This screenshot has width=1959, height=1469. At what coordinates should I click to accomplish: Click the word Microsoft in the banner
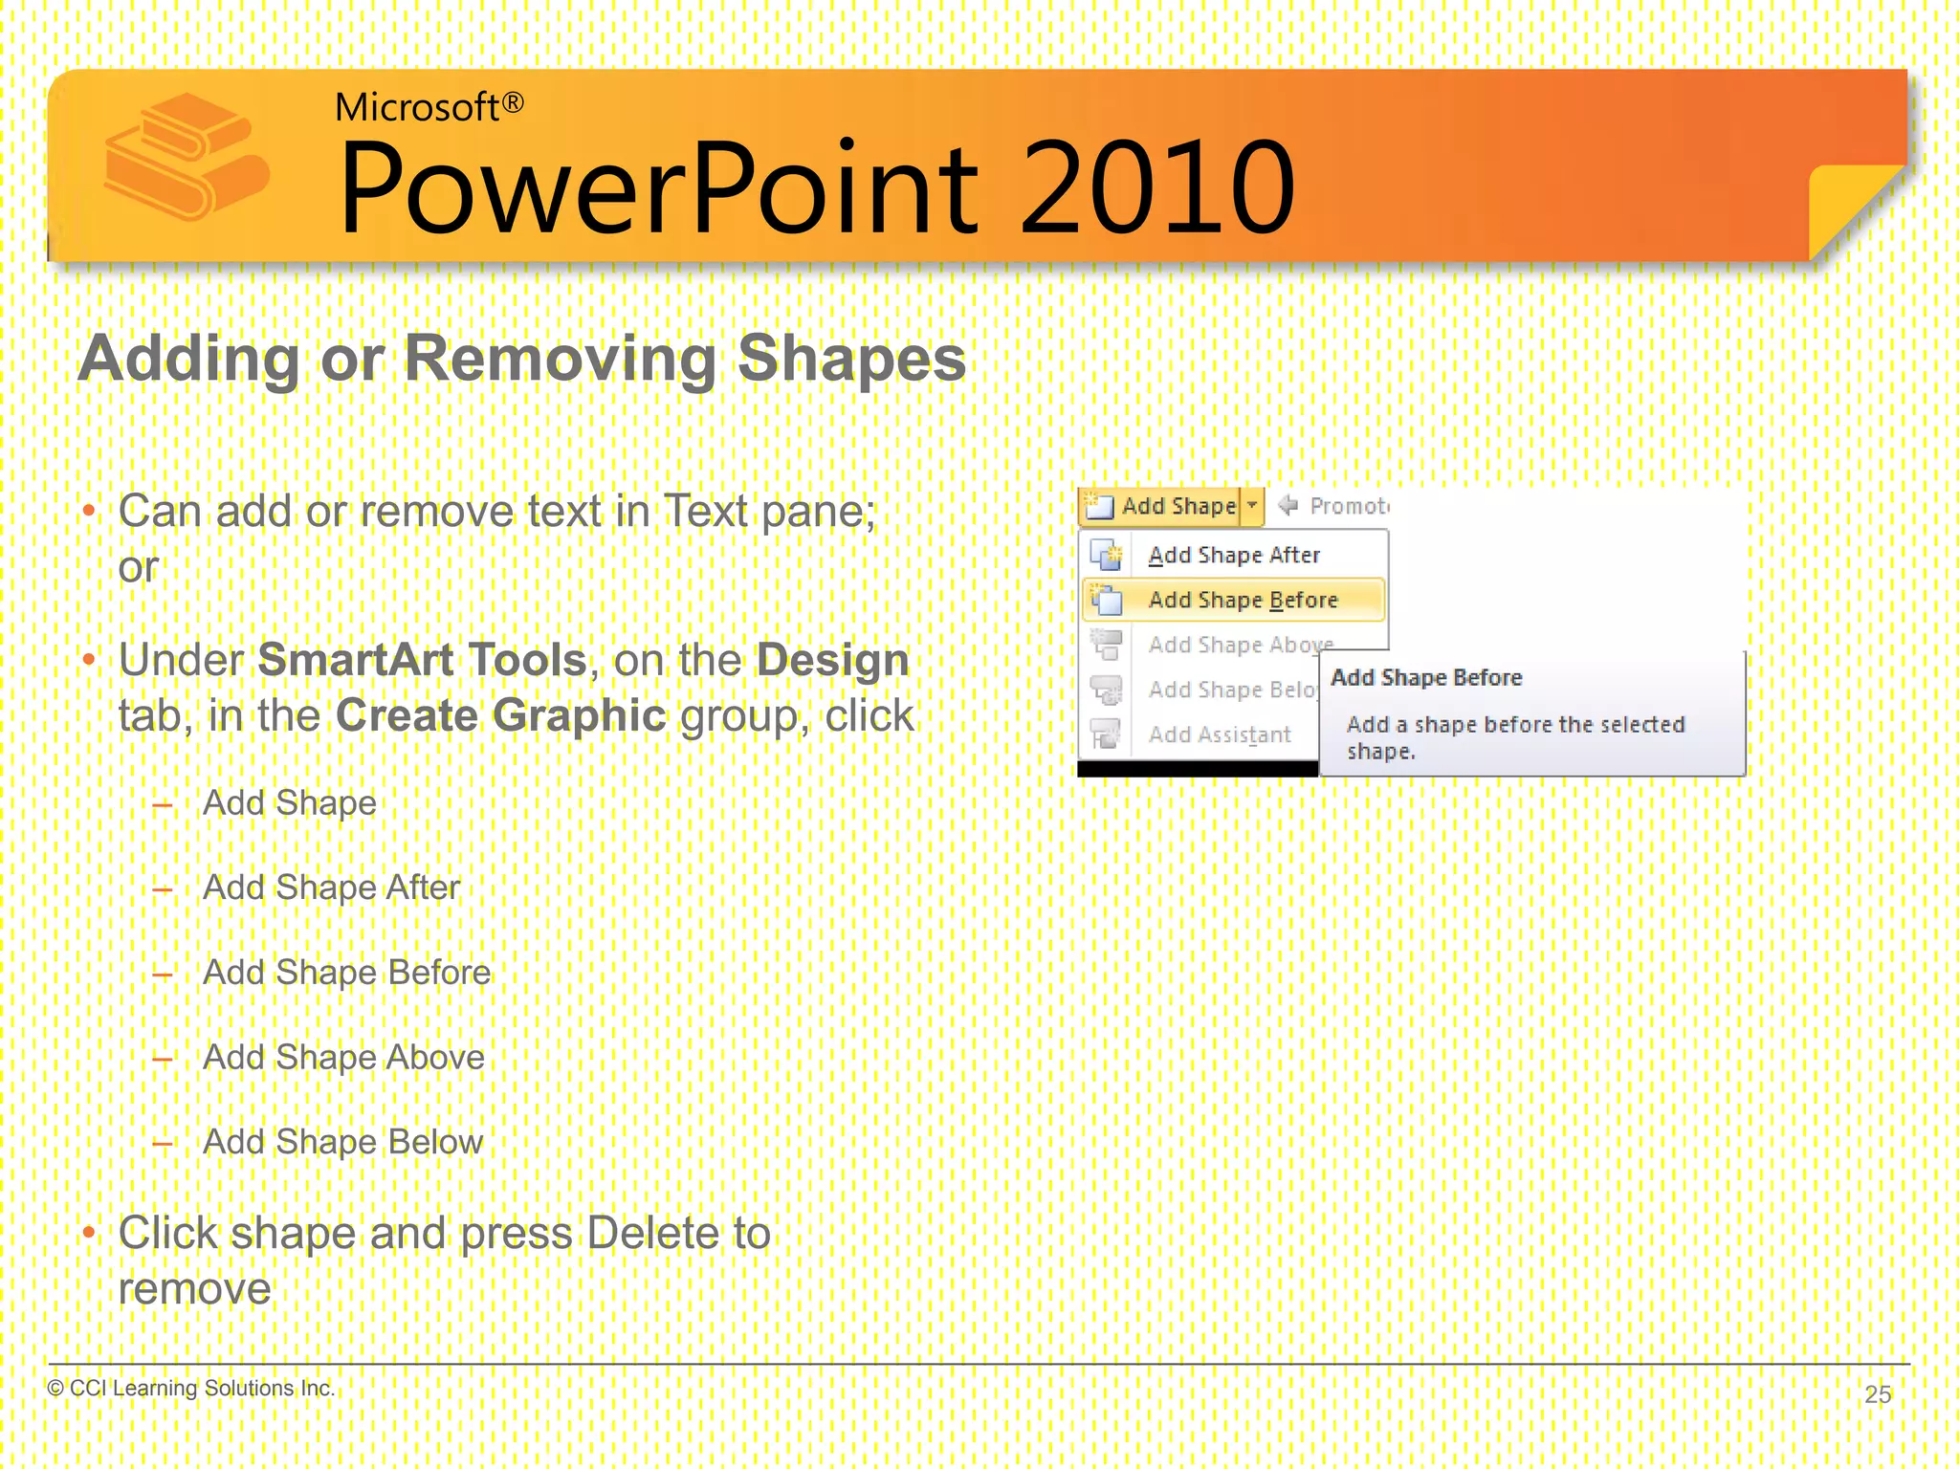tap(416, 107)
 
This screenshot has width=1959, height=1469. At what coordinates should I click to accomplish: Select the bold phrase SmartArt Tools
tap(422, 660)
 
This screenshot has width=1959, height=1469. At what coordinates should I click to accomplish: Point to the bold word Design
tap(832, 660)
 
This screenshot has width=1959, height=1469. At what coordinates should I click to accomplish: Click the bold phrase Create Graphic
tap(500, 715)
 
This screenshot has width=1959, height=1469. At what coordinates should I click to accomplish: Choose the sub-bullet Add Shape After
tap(331, 888)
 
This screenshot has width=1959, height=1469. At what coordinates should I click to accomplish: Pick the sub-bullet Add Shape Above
tap(343, 1057)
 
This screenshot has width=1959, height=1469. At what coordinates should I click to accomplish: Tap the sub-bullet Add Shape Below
tap(342, 1142)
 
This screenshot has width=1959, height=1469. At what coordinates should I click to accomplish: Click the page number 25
tap(1878, 1393)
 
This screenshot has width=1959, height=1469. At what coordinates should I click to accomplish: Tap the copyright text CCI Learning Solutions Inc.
tap(201, 1388)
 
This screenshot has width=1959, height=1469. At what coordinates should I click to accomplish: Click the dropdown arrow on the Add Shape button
tap(1252, 505)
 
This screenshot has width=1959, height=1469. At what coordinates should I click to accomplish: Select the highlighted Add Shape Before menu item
tap(1242, 600)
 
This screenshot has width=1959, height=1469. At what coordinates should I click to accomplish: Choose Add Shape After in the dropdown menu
tap(1233, 555)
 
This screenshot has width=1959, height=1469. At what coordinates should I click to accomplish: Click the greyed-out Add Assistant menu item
tap(1219, 734)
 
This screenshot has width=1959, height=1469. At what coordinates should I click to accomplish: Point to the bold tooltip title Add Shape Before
tap(1425, 677)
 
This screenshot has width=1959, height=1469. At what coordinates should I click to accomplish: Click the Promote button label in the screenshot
tap(1347, 506)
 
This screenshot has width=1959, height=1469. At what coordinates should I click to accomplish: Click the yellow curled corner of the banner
tap(1846, 206)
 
